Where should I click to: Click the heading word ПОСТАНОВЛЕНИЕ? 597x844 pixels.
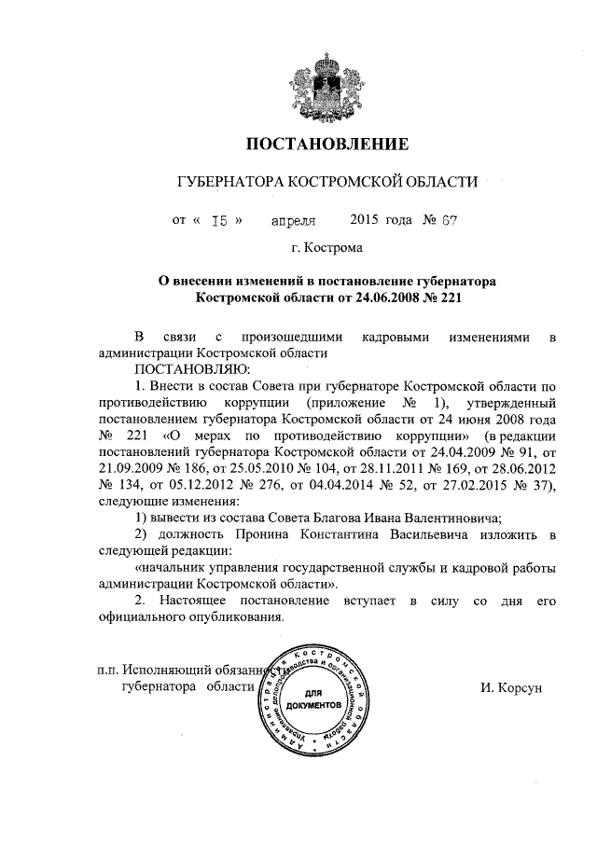(326, 145)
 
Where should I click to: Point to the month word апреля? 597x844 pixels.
(293, 221)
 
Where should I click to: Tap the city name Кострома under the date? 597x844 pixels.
(332, 248)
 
